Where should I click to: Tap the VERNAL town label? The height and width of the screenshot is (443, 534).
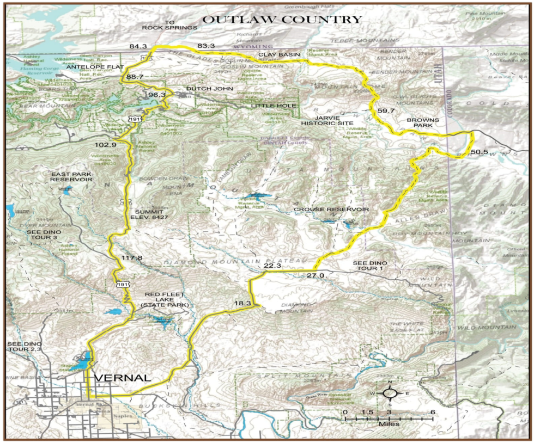pos(122,378)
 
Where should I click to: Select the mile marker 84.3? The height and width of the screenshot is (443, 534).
pos(138,46)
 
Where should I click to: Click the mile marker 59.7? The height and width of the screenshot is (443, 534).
pos(386,111)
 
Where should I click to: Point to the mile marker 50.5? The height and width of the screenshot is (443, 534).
pos(480,152)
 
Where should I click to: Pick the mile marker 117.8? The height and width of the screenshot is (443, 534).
pos(132,258)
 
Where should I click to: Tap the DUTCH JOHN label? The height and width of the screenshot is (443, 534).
pos(209,89)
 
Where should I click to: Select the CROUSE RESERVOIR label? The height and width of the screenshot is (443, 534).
pos(331,210)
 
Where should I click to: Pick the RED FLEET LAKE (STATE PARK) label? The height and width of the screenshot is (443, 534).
pos(166,300)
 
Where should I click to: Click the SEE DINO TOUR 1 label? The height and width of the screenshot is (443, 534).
pos(371,266)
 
